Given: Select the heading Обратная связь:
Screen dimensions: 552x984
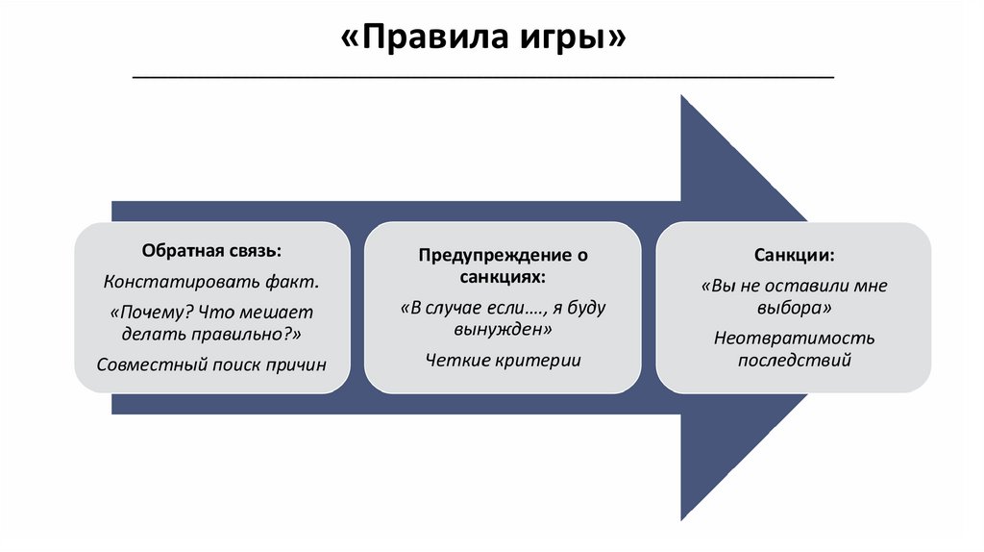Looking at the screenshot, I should (212, 251).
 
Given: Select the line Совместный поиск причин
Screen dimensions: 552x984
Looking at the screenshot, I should (212, 364).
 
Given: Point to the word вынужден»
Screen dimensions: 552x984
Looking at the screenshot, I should (503, 329).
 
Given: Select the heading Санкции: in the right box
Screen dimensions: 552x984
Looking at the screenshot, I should (794, 256).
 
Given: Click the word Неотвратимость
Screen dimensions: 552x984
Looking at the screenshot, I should (794, 339).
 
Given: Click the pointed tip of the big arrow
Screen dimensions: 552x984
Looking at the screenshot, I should (805, 308).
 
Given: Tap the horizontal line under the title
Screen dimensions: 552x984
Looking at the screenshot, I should (482, 77).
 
